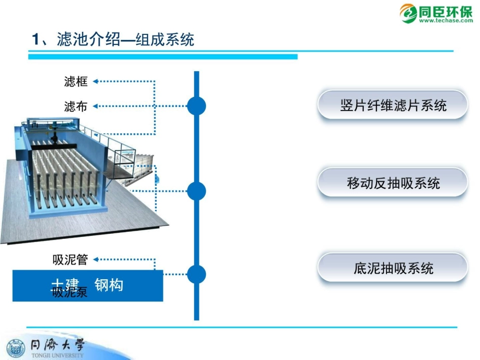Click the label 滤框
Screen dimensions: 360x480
(76, 81)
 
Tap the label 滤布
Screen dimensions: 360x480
(76, 106)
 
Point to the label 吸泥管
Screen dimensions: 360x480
(70, 260)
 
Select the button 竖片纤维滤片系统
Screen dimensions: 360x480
(393, 105)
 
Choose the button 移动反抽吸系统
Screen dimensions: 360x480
(393, 183)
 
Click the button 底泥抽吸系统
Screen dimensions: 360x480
(393, 268)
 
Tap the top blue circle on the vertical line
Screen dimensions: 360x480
(197, 106)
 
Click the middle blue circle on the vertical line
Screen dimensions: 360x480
(197, 191)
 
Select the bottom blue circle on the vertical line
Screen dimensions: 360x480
(197, 274)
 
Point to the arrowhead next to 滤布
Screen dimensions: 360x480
(95, 106)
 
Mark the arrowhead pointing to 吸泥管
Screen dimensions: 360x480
(95, 260)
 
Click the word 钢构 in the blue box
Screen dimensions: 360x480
(109, 285)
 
